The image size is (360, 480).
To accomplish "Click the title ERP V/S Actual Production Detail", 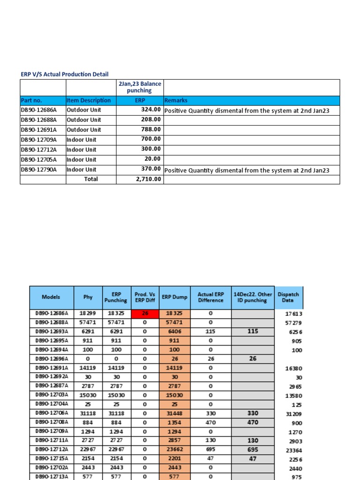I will (x=65, y=74).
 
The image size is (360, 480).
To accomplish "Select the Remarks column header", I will (x=176, y=100).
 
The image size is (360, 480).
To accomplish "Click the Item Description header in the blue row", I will (x=89, y=100).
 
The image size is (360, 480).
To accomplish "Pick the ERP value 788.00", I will (x=151, y=129).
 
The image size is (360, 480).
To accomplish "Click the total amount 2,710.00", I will (x=148, y=179).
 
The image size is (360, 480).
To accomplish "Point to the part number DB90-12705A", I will (x=38, y=159).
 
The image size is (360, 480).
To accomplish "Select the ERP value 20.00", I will (x=153, y=159).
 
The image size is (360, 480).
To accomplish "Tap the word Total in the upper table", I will (x=91, y=179).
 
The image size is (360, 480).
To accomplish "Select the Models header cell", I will (x=51, y=297).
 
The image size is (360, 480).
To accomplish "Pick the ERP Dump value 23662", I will (x=174, y=450).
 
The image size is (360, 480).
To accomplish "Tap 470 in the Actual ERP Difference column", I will (x=210, y=422).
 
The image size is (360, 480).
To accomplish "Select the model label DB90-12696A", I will (x=52, y=359).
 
